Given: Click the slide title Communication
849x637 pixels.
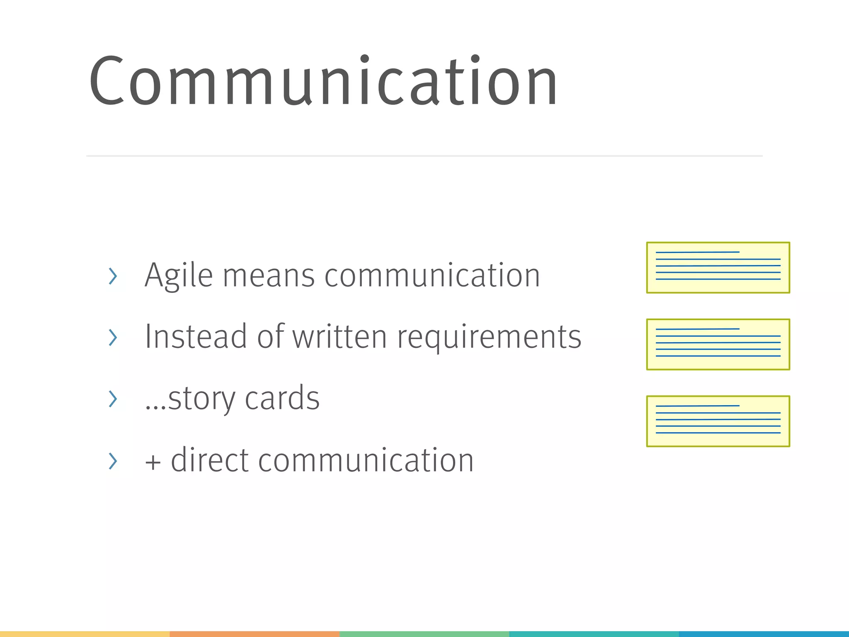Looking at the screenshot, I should (x=323, y=81).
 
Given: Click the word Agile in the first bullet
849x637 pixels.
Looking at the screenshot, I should (x=179, y=276).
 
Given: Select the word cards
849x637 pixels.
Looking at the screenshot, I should (x=282, y=398).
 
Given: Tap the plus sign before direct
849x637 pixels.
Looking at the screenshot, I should (x=153, y=462).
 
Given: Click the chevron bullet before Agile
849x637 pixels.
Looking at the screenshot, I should (x=112, y=276).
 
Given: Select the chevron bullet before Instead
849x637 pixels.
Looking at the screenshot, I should (x=112, y=337).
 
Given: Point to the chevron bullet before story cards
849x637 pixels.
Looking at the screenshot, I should (x=112, y=399).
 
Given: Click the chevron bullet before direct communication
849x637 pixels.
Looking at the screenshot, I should (x=112, y=461).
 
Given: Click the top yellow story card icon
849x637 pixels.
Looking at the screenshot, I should (x=718, y=267).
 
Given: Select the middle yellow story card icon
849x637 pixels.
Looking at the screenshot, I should (x=718, y=344).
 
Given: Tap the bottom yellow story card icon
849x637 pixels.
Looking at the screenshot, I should (x=718, y=421).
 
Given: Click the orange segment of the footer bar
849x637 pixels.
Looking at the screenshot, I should (x=255, y=634).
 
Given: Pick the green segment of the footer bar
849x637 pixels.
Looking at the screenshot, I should (x=424, y=634).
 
